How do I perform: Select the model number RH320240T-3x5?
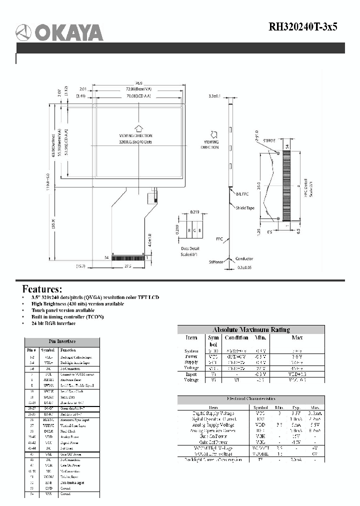coord(303,27)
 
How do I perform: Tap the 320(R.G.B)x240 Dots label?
coord(136,142)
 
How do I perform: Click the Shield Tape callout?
coord(245,207)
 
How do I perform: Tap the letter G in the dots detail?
coord(193,230)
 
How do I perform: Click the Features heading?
coord(42,289)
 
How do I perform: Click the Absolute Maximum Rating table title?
coord(251,329)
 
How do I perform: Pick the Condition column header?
coord(236,338)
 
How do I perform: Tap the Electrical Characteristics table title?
coord(251,399)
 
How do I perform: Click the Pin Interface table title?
coord(62,341)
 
